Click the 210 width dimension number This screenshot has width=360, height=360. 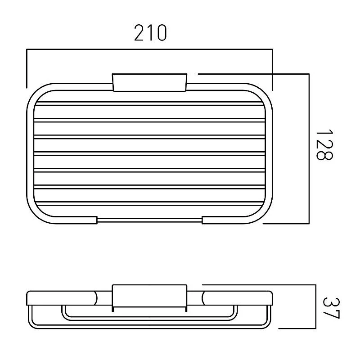pos(150,33)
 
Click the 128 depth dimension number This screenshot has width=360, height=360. pos(324,144)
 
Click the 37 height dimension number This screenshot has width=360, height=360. pos(331,308)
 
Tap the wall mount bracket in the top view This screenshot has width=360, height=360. pos(149,82)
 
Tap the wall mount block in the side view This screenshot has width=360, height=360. pos(149,296)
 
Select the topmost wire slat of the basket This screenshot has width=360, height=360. pos(149,103)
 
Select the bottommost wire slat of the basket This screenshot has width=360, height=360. pos(149,203)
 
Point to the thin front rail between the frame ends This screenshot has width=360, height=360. pos(149,220)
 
